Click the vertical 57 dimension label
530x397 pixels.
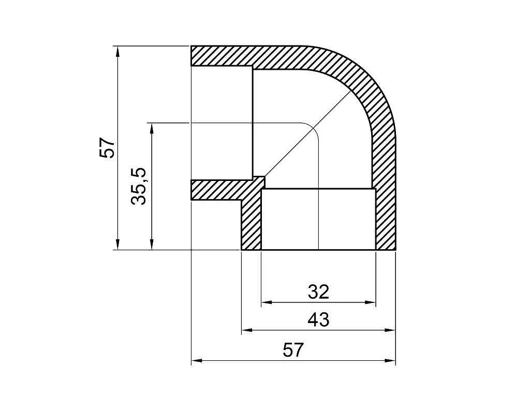tap(108, 147)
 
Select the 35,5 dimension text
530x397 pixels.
tap(139, 186)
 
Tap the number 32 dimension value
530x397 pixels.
tap(318, 292)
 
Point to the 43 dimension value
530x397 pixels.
tap(318, 319)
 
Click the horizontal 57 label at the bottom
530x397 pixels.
tap(293, 350)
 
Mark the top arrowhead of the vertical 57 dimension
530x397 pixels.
tap(117, 52)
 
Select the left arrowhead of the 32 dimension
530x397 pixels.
tap(268, 302)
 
